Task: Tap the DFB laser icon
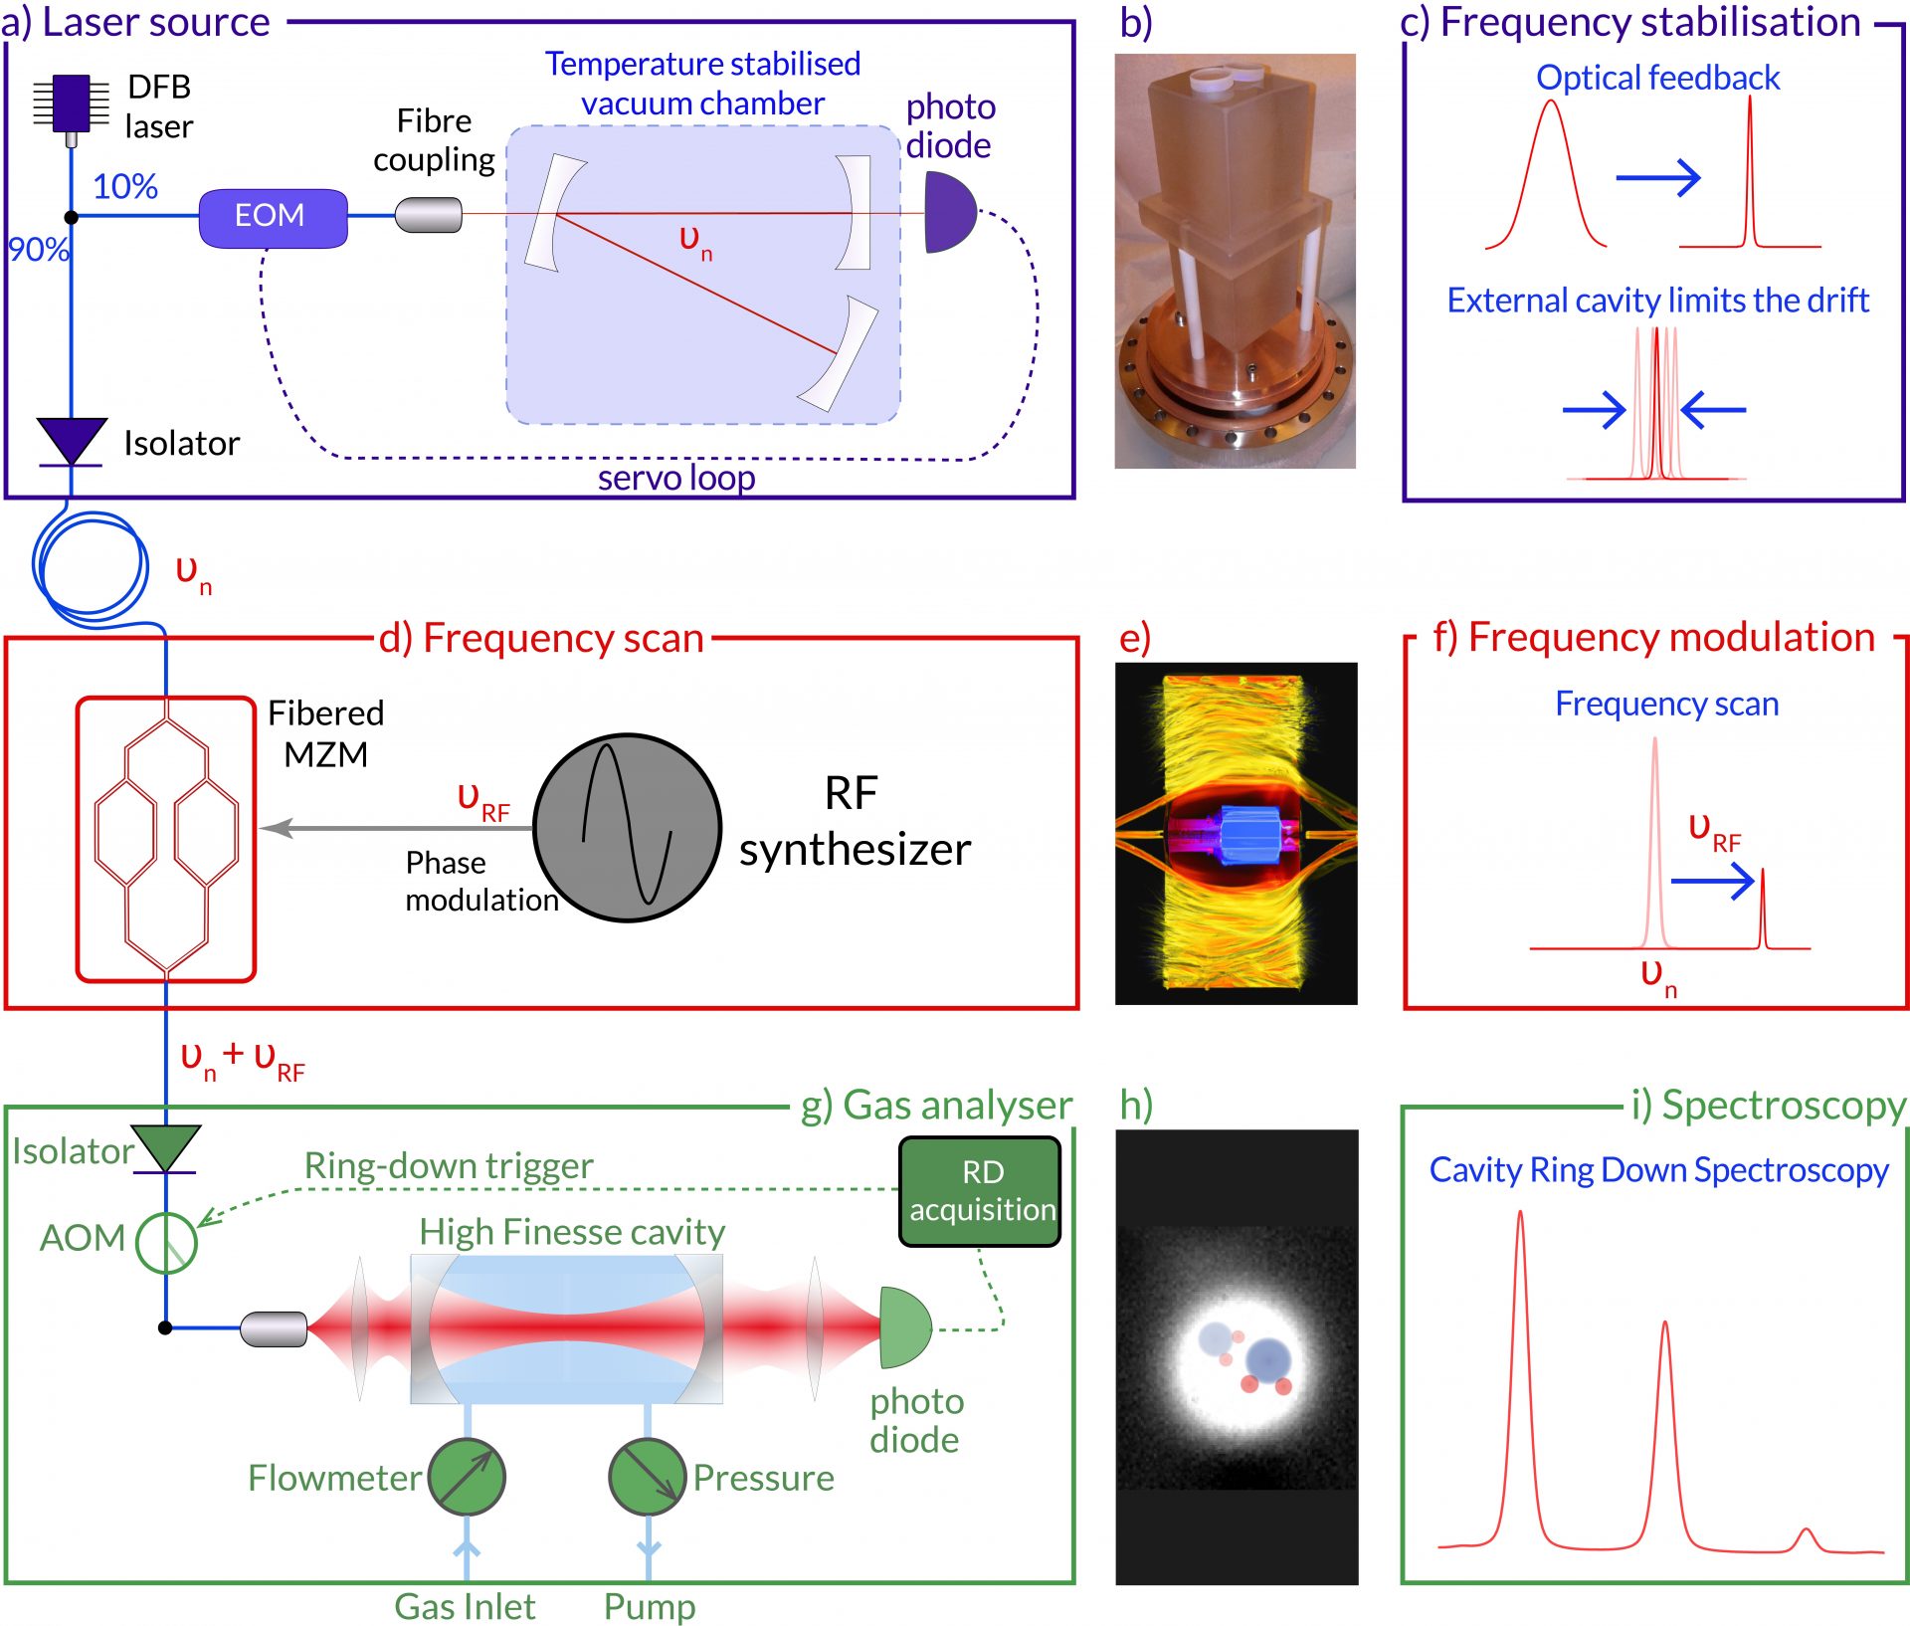click(71, 102)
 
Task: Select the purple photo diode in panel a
click(947, 212)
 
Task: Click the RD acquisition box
click(980, 1190)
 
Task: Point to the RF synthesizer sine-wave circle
click(627, 827)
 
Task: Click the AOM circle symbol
click(166, 1242)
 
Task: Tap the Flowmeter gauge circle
click(467, 1476)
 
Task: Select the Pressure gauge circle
click(647, 1476)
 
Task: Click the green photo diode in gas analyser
click(903, 1326)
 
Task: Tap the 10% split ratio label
click(125, 186)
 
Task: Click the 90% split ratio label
click(38, 249)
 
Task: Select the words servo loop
click(676, 478)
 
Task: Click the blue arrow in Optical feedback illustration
click(1658, 178)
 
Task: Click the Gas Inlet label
click(465, 1605)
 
